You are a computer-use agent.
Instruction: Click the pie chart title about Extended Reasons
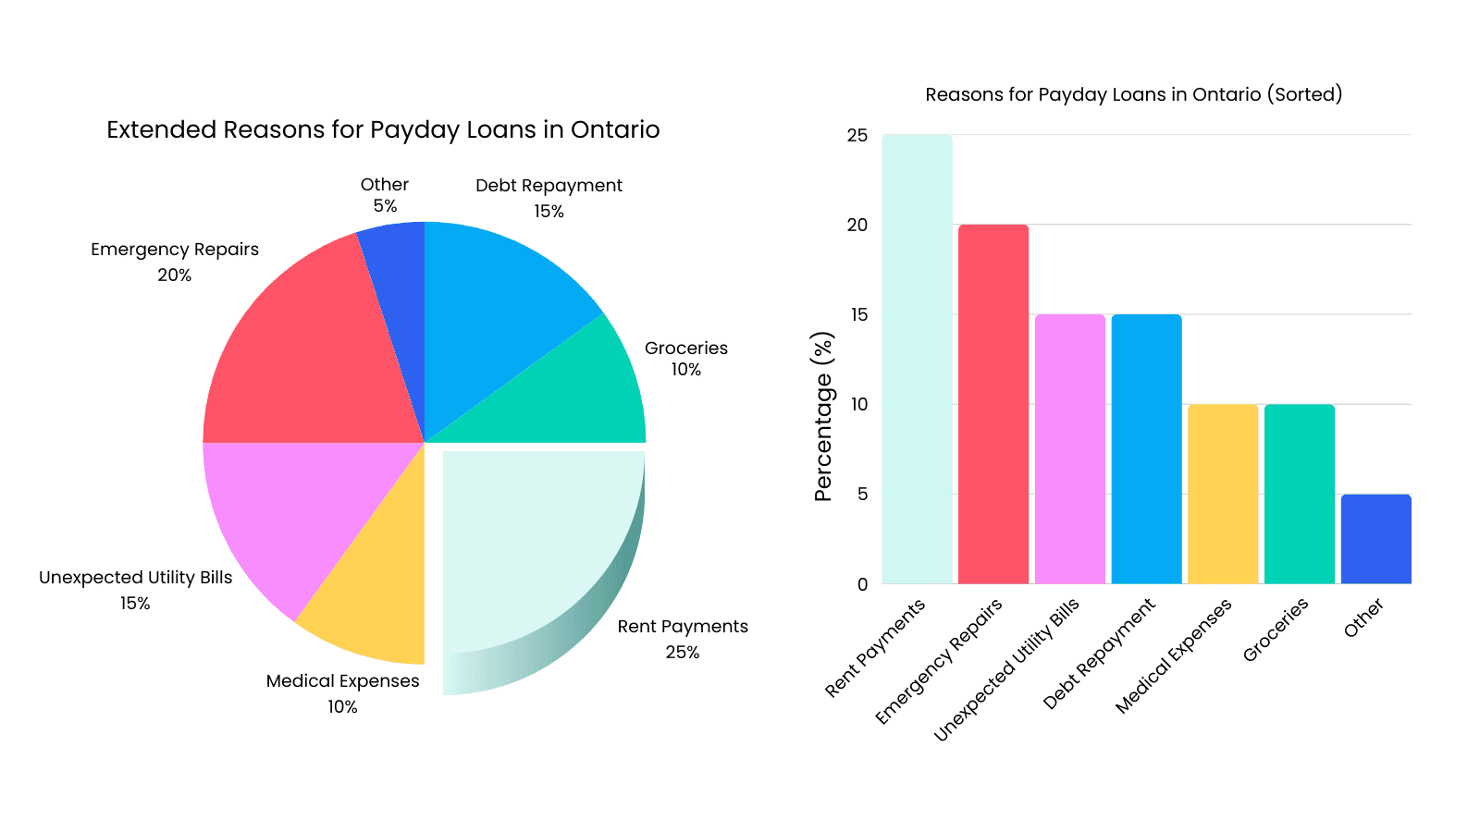[x=383, y=129]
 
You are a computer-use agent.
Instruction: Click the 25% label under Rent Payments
[x=683, y=652]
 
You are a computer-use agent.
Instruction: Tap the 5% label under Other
[x=385, y=206]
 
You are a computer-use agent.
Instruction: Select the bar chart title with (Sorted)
[x=1133, y=94]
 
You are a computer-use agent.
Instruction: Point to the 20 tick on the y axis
[x=857, y=225]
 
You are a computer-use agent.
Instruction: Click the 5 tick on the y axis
[x=862, y=494]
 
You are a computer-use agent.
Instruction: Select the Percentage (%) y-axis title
[x=822, y=416]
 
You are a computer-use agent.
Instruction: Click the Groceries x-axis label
[x=1276, y=630]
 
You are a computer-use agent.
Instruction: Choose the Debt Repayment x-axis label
[x=1100, y=654]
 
